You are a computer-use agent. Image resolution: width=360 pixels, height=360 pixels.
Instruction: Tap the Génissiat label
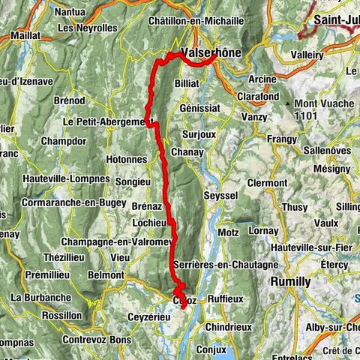[x=200, y=107]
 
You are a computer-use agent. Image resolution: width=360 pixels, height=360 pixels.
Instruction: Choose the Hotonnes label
[x=126, y=159]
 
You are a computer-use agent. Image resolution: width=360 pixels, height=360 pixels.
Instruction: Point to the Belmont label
[x=106, y=275]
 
